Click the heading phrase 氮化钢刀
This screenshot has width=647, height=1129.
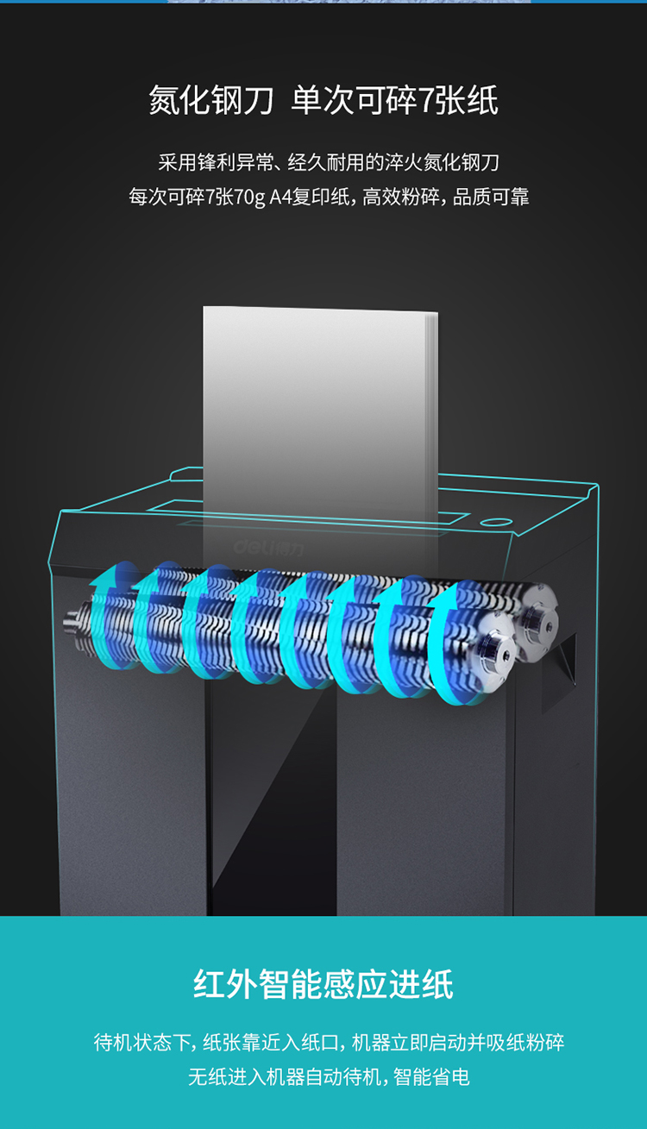coord(210,100)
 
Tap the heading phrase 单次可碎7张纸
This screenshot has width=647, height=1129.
coord(394,100)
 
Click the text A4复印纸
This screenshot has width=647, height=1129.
coord(310,197)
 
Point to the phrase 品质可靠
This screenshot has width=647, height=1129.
coord(491,197)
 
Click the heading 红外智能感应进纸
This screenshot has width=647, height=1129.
coord(323,984)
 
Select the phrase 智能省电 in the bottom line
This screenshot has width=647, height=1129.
coord(431,1076)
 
